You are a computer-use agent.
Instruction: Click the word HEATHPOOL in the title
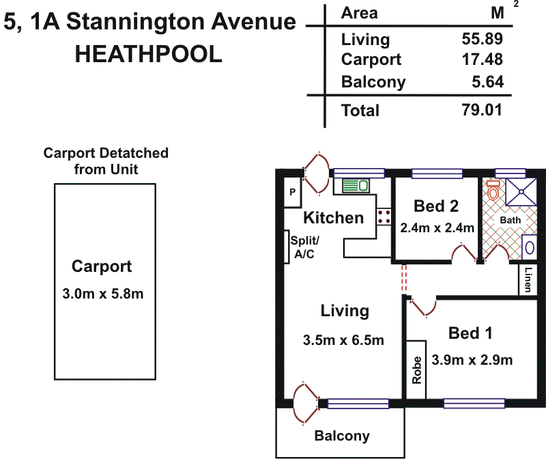148,54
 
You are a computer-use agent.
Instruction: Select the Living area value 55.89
483,39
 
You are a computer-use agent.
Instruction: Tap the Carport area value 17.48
483,59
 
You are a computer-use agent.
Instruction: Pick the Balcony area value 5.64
487,82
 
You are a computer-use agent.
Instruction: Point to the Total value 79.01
482,110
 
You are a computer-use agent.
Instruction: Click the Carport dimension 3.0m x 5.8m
103,294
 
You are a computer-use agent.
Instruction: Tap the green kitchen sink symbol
356,186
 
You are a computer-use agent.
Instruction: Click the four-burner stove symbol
384,217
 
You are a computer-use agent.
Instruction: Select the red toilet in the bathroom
493,190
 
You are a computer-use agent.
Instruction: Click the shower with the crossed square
521,192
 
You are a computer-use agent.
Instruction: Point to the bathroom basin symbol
530,247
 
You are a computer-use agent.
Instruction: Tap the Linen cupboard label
528,279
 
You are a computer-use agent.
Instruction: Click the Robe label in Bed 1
416,370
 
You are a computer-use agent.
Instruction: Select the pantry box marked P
293,193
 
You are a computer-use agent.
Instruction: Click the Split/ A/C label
304,247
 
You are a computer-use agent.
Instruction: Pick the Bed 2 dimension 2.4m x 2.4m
437,228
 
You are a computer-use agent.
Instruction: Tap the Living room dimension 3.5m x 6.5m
343,340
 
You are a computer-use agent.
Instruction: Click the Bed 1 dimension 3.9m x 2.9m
472,360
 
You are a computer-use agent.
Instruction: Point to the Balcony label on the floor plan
342,436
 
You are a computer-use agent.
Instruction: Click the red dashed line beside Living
404,278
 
